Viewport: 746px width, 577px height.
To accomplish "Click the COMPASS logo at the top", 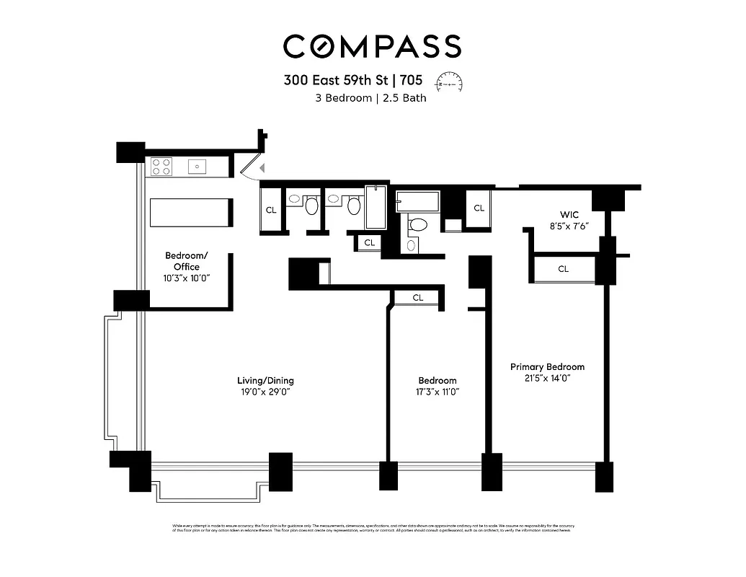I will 372,46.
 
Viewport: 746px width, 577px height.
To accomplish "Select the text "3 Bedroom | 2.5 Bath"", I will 370,98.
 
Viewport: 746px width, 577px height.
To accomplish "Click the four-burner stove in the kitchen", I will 161,167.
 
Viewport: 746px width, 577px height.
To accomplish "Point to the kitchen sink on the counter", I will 197,167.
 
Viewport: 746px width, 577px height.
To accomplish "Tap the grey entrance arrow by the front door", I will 262,168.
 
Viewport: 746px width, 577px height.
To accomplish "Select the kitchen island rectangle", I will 189,213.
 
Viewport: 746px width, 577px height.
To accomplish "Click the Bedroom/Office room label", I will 187,261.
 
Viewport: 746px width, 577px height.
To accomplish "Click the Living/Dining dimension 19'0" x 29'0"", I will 265,392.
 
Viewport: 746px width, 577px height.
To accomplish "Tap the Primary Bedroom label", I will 547,366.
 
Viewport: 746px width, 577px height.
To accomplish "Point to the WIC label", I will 569,215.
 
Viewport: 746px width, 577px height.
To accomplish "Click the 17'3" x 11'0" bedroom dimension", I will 437,392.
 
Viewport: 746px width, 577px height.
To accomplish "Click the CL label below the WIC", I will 563,269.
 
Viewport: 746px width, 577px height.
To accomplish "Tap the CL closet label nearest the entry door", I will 271,211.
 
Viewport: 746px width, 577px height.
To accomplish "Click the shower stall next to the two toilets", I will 376,208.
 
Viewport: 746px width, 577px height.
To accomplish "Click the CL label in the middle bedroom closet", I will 418,297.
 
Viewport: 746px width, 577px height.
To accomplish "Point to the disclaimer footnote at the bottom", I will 372,528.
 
